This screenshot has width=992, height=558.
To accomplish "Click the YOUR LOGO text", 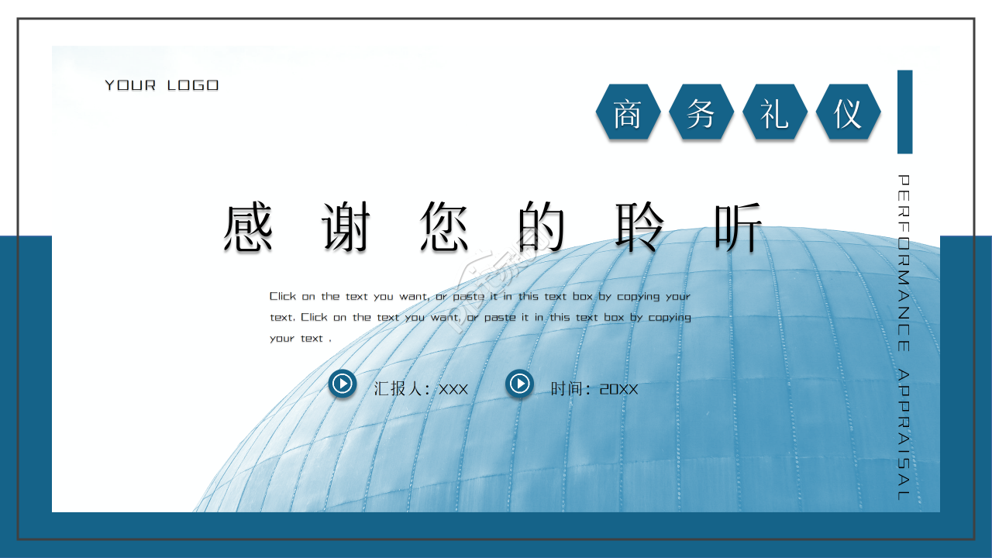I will tap(162, 85).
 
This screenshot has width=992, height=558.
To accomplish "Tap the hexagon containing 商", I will tap(628, 112).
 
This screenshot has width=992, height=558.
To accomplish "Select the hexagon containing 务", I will tap(701, 112).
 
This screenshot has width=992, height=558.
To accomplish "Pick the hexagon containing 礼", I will tap(774, 112).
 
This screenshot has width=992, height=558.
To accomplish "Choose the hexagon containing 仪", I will tap(848, 112).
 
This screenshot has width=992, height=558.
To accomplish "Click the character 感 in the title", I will tap(248, 228).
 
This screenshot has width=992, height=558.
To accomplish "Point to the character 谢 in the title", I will tap(346, 228).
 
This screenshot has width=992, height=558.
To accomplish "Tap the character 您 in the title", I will tap(445, 228).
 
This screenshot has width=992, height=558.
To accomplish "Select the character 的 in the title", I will tap(542, 228).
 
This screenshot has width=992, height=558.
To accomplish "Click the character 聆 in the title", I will tap(640, 228).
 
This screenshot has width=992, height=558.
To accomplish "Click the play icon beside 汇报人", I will tap(342, 384).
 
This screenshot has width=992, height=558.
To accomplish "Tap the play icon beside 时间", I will tap(519, 384).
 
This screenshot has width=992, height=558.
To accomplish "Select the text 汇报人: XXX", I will tap(421, 389).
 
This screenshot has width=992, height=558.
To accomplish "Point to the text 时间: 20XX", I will tap(594, 389).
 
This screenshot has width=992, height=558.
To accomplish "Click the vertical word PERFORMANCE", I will tap(904, 263).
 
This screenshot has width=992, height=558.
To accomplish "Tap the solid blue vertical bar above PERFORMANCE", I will tap(904, 112).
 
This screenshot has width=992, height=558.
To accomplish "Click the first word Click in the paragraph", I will tap(283, 296).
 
